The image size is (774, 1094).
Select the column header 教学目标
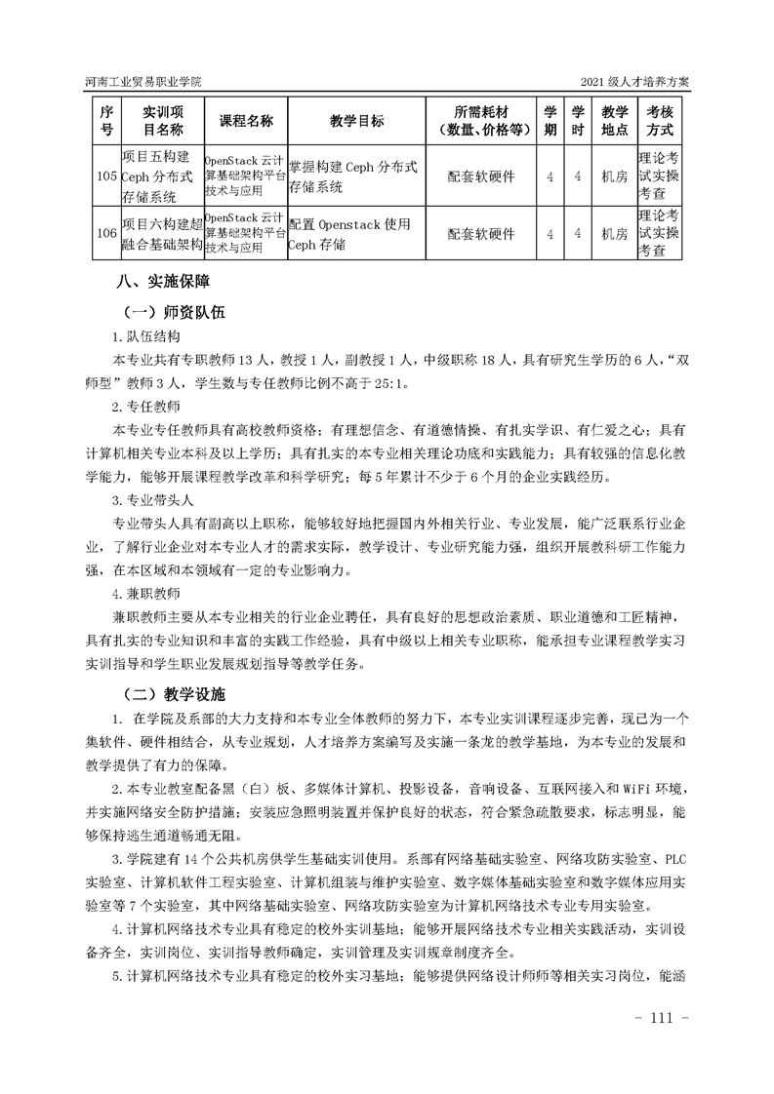[356, 121]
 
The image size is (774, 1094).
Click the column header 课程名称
[246, 121]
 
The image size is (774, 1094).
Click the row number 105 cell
[106, 176]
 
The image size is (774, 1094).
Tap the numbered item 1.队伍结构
[146, 337]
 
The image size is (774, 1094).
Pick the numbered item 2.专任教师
[146, 407]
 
